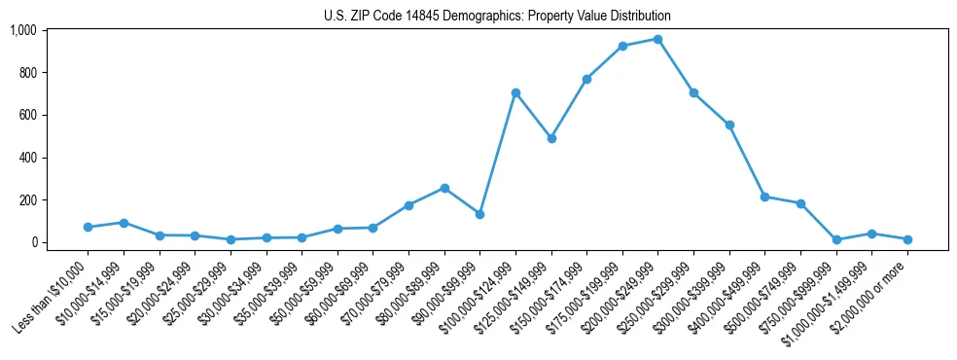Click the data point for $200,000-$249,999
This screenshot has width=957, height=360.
(x=657, y=39)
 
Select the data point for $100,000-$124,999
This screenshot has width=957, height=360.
(x=515, y=92)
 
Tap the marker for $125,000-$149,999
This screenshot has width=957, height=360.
(x=551, y=138)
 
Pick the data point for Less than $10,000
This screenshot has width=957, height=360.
(x=88, y=227)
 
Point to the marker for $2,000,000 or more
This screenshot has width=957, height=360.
(x=907, y=239)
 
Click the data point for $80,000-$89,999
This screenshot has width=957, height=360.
(x=444, y=188)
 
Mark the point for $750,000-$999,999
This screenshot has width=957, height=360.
(x=836, y=239)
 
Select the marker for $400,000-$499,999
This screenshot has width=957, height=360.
(x=764, y=197)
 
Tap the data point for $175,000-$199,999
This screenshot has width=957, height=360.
(x=622, y=46)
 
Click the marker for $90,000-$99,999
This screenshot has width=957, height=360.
(x=479, y=214)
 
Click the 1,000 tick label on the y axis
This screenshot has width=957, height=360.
(x=23, y=30)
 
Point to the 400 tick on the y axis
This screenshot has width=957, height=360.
(x=27, y=158)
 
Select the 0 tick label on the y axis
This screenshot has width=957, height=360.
(x=33, y=242)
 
